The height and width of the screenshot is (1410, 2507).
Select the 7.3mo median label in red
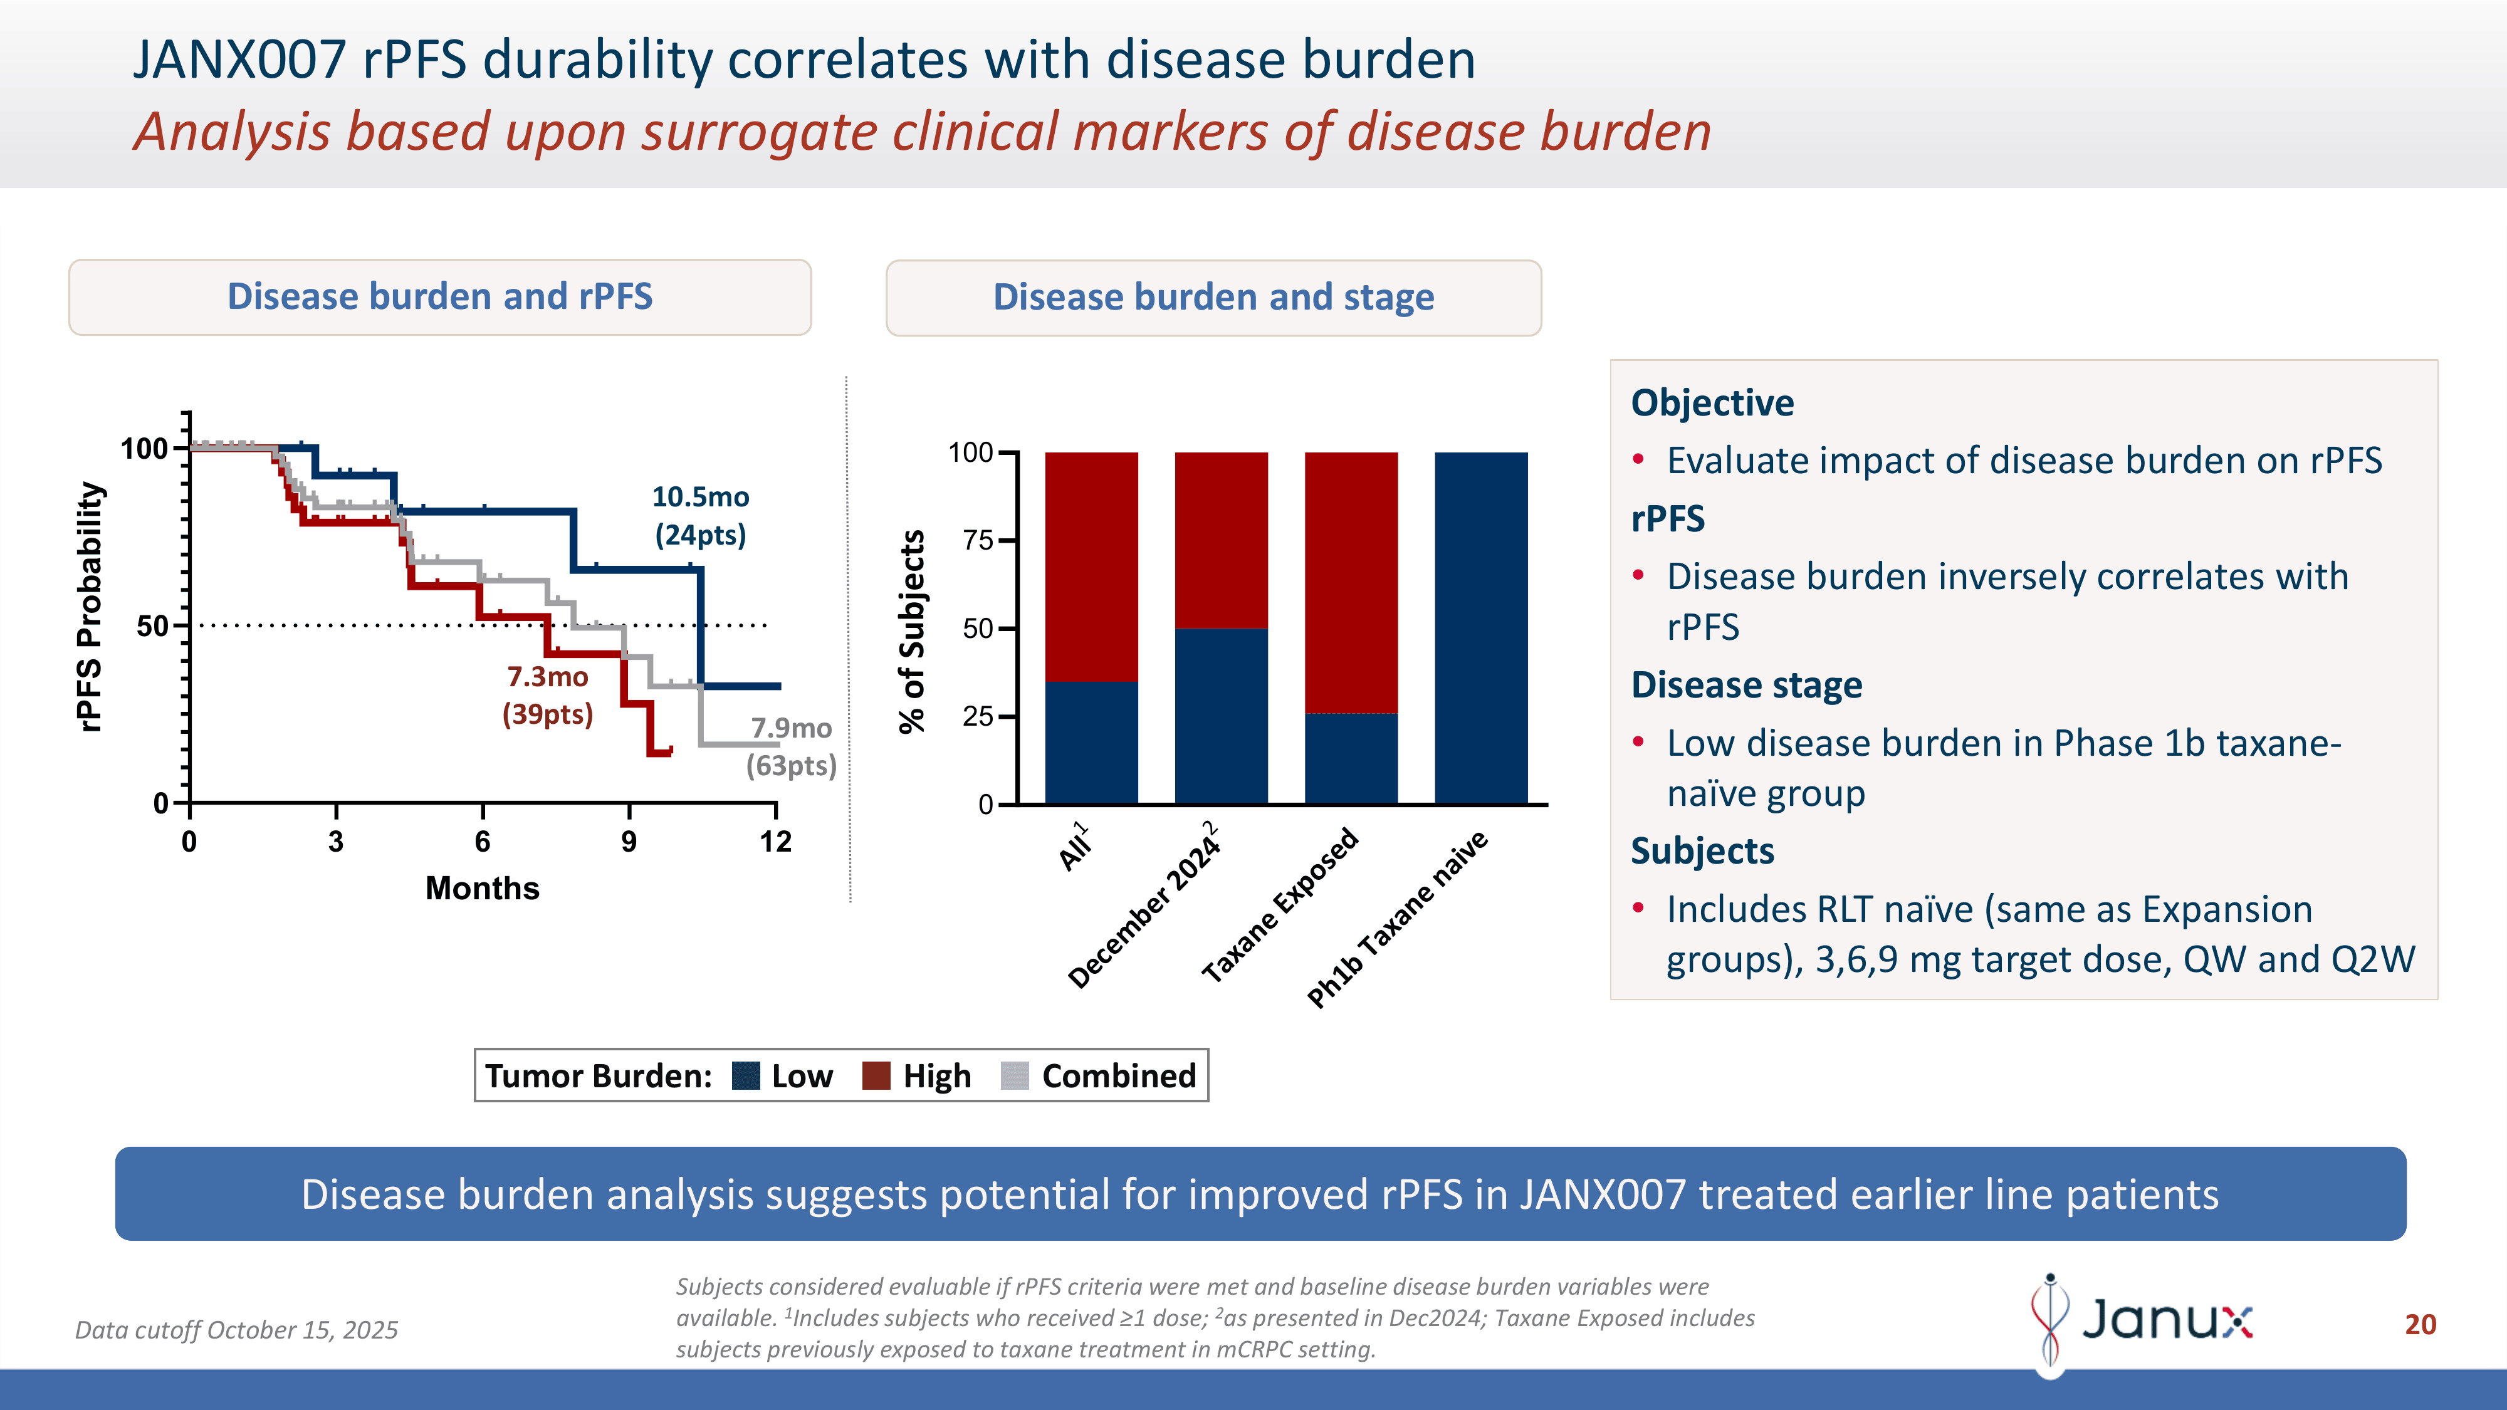pyautogui.click(x=547, y=677)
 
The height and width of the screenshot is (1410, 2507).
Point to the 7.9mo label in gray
pyautogui.click(x=791, y=729)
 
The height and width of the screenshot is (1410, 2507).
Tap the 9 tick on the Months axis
pyautogui.click(x=629, y=842)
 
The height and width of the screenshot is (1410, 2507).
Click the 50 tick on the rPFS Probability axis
pyautogui.click(x=153, y=625)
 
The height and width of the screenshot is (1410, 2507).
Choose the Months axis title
pyautogui.click(x=482, y=889)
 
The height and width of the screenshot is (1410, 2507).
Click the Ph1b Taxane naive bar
pyautogui.click(x=1480, y=628)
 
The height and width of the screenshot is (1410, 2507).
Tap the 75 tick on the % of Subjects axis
pyautogui.click(x=978, y=540)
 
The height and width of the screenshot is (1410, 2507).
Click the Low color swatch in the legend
pyautogui.click(x=745, y=1076)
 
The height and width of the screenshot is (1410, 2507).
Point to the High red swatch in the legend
pyautogui.click(x=876, y=1076)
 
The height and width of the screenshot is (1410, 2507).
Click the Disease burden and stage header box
pyautogui.click(x=1213, y=298)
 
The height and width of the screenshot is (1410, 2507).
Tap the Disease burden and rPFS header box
pyautogui.click(x=440, y=297)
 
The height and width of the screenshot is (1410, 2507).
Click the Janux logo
pyautogui.click(x=2141, y=1320)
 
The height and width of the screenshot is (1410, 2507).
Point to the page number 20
pyautogui.click(x=2419, y=1324)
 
